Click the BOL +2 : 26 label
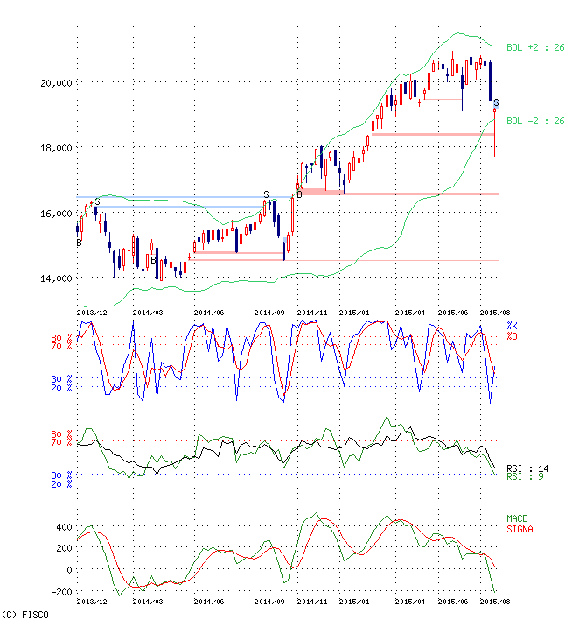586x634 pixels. click(x=536, y=47)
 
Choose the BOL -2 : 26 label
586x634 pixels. click(x=536, y=121)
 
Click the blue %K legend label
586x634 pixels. click(x=512, y=326)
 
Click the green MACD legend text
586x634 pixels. click(x=519, y=519)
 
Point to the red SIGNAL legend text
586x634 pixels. click(x=522, y=529)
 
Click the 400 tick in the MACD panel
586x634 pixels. click(x=63, y=527)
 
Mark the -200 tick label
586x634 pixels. click(x=61, y=593)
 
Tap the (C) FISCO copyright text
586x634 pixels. click(x=25, y=616)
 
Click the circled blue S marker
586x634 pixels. click(x=496, y=103)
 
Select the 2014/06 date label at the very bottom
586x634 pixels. click(x=210, y=602)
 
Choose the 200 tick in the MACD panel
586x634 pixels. click(x=63, y=549)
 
